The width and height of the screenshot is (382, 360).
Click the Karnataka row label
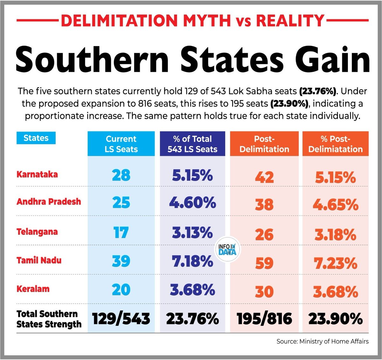37,175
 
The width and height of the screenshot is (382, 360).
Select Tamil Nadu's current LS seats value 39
121,261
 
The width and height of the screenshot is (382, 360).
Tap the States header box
36,138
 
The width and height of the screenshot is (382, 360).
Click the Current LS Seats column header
121,144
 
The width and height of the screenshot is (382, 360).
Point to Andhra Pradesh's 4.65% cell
336,205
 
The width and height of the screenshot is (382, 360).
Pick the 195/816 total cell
264,319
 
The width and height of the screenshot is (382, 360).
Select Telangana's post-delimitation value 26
264,235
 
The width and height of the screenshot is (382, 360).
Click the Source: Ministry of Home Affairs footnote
322,342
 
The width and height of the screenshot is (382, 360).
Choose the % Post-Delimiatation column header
336,144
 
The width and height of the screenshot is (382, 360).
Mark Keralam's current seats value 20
121,290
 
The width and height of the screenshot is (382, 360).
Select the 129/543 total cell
121,319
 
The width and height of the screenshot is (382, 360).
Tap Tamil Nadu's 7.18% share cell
192,261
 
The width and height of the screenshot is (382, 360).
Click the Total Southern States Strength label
49,319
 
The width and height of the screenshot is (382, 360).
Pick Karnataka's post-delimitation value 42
264,177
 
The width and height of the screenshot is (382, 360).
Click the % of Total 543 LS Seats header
192,144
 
